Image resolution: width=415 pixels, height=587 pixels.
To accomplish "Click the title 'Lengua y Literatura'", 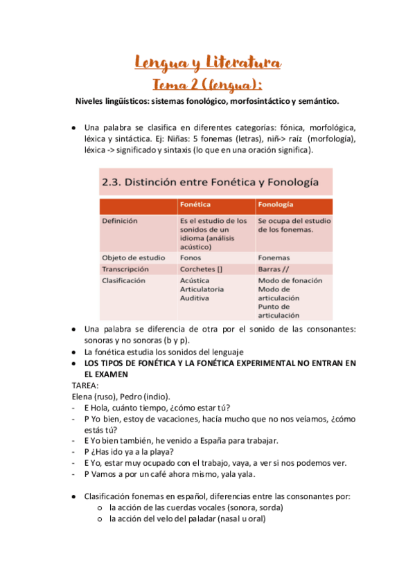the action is point(207,64).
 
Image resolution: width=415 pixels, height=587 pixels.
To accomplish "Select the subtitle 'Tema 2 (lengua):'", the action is point(207,84).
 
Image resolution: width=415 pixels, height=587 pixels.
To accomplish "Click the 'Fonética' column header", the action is point(195,206).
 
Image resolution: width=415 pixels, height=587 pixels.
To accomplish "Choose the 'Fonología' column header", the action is point(275,206).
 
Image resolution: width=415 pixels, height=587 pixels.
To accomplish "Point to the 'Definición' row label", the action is point(119,221).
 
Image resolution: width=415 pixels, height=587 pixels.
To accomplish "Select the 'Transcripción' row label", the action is point(125,269).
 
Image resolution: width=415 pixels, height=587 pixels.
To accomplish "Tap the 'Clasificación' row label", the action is point(124,281).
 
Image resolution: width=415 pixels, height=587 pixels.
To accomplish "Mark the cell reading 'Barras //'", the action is point(273,269).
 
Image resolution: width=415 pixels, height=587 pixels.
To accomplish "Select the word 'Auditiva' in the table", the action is point(195,298).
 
